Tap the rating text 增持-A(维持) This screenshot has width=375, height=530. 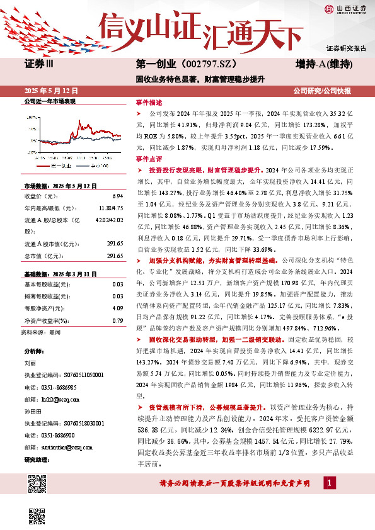pyautogui.click(x=323, y=64)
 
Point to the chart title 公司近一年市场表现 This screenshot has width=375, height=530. pyautogui.click(x=49, y=101)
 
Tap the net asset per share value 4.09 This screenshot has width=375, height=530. pyautogui.click(x=118, y=308)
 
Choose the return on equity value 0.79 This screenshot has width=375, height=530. pyautogui.click(x=118, y=320)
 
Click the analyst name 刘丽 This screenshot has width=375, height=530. pyautogui.click(x=30, y=363)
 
